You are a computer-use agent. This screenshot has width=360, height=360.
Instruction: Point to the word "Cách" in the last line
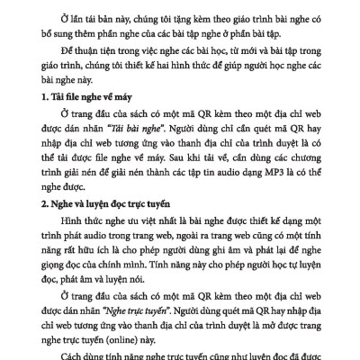coord(75,352)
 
